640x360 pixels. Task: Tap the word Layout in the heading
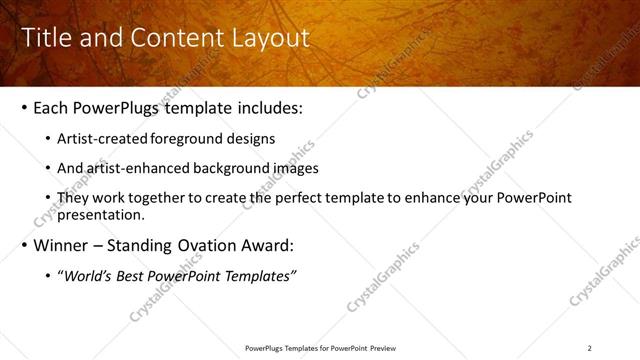coord(271,39)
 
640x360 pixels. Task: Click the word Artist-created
coord(105,139)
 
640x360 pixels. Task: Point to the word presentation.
coord(103,214)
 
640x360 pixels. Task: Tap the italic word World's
coord(88,276)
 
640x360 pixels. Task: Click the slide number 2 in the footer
coord(589,348)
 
